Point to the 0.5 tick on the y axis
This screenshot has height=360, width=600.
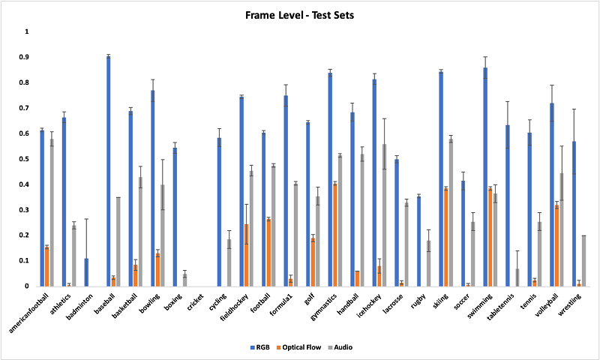(x=27, y=159)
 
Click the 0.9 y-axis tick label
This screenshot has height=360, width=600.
(x=27, y=57)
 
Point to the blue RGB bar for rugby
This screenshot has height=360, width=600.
(x=418, y=241)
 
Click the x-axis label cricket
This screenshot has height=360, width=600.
(x=194, y=301)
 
